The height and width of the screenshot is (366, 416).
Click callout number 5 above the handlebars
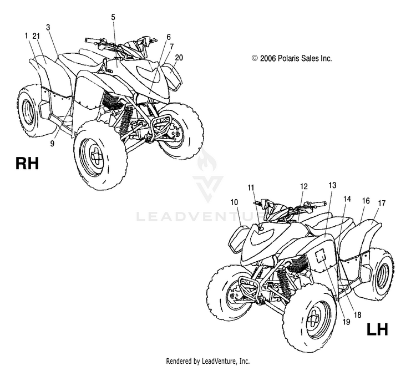tap(113, 17)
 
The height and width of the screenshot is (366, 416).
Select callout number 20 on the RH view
tap(179, 58)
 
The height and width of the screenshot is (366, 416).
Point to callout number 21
tap(36, 36)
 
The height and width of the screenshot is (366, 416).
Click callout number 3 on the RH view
tap(48, 27)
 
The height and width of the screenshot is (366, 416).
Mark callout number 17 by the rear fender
tap(382, 203)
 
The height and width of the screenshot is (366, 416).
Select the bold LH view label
tap(377, 329)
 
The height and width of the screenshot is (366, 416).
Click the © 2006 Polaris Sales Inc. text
tap(292, 58)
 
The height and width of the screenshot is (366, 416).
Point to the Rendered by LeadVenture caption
tap(208, 360)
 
